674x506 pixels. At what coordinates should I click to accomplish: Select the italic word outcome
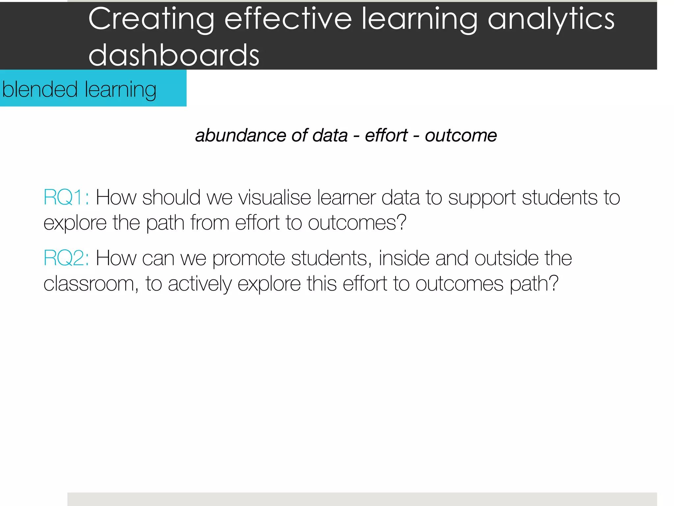pyautogui.click(x=461, y=135)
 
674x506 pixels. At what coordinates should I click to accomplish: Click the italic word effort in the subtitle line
pyautogui.click(x=386, y=135)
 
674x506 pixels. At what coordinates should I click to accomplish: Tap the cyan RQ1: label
pyautogui.click(x=66, y=198)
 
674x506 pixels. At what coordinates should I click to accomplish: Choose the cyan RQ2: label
pyautogui.click(x=66, y=258)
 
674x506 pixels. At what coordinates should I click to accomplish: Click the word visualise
pyautogui.click(x=274, y=198)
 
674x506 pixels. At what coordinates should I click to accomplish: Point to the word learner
pyautogui.click(x=346, y=198)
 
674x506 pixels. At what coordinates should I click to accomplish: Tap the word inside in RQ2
pyautogui.click(x=404, y=258)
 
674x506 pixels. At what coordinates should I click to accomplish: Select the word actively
pyautogui.click(x=200, y=284)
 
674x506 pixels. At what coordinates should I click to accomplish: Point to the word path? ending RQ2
pyautogui.click(x=534, y=284)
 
